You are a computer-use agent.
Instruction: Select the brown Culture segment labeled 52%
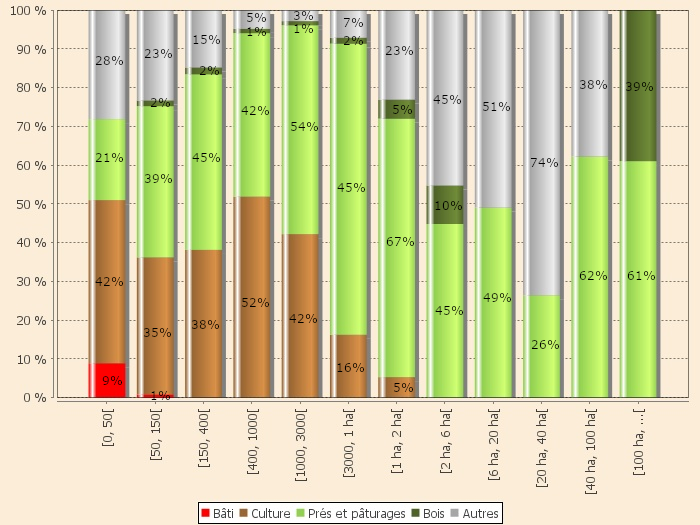252,296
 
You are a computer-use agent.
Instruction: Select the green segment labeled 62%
592,277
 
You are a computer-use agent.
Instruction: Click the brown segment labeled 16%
349,366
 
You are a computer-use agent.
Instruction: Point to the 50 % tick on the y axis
31,204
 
